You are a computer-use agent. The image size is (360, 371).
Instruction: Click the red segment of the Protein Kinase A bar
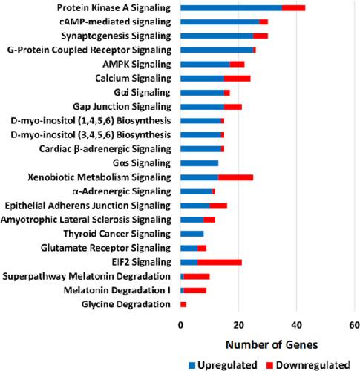coord(293,8)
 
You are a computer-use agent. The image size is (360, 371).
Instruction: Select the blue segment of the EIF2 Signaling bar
coord(189,262)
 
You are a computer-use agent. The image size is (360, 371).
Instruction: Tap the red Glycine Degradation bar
coord(183,304)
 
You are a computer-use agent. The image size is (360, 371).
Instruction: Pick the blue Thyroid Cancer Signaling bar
coord(192,234)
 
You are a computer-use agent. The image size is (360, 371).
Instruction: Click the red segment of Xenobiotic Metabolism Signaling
coord(236,177)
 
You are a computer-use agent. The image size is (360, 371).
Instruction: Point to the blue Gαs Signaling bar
coord(200,163)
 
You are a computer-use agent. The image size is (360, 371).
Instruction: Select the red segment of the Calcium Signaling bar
coord(238,79)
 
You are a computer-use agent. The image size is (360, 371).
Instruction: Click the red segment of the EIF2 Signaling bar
coord(220,262)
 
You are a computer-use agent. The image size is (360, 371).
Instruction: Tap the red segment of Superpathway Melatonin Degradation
coord(197,276)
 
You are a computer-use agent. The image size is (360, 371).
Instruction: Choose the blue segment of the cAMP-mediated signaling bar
coord(220,22)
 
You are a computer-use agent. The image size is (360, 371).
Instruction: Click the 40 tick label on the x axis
coord(297,325)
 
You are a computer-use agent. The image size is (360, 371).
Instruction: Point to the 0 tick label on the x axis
coord(180,325)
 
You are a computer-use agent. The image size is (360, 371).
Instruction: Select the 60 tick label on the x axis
coord(355,325)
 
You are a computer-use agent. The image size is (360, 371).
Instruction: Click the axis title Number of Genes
coord(272,345)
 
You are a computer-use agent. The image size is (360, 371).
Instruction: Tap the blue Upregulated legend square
coord(192,365)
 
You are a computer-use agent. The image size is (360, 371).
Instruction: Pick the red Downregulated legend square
coord(269,365)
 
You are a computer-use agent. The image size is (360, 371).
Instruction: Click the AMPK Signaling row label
coord(137,65)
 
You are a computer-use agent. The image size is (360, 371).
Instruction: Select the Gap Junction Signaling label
coord(122,107)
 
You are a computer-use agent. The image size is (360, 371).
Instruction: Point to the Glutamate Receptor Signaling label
coord(105,248)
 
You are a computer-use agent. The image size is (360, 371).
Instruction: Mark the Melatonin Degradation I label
coord(117,290)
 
